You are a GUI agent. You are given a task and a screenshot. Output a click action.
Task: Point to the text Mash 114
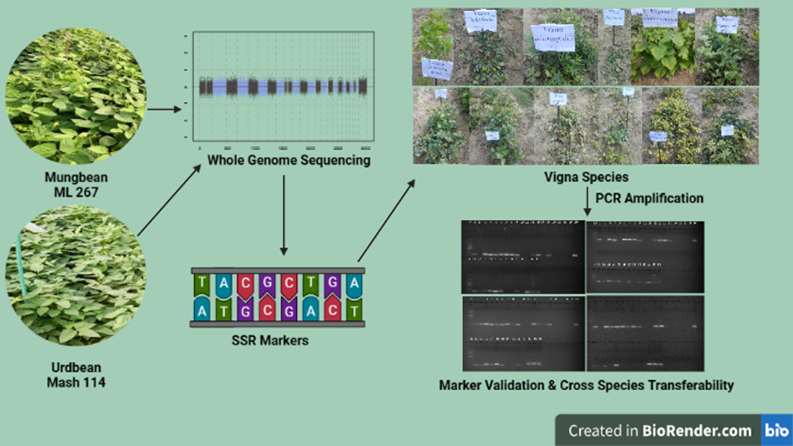click(76, 382)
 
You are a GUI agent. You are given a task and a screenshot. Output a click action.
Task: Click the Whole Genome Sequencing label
click(289, 161)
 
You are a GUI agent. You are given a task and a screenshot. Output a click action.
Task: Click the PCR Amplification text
click(650, 198)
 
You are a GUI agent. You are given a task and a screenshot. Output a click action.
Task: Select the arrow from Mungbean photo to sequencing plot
click(164, 109)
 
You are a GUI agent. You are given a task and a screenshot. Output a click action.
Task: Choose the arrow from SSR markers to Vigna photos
click(387, 220)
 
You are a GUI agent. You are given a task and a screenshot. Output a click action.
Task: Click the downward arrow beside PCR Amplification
click(588, 202)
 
